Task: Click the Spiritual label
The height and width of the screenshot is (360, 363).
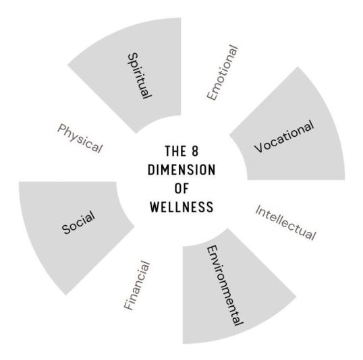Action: click(x=140, y=76)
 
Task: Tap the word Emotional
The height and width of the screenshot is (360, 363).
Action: click(x=222, y=73)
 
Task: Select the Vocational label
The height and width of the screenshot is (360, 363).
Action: click(x=284, y=136)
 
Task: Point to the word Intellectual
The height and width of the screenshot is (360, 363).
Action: click(x=285, y=222)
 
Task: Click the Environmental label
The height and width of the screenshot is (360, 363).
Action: click(x=225, y=286)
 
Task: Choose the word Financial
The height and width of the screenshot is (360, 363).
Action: click(x=137, y=285)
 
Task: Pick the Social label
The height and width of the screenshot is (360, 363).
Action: click(x=78, y=222)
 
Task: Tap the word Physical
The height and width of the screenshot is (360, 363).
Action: click(x=80, y=138)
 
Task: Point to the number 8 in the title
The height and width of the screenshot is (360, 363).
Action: click(x=195, y=151)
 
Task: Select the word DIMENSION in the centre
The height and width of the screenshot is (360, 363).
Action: click(x=181, y=170)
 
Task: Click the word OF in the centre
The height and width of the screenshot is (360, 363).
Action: click(x=181, y=188)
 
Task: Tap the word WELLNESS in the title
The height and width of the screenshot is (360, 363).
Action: click(x=181, y=206)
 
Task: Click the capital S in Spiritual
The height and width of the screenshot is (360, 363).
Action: click(x=133, y=57)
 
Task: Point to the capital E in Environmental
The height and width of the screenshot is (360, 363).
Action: click(x=211, y=249)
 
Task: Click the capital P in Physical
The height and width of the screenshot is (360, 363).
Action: click(x=62, y=128)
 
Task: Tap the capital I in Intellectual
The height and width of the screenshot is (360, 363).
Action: click(x=258, y=210)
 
